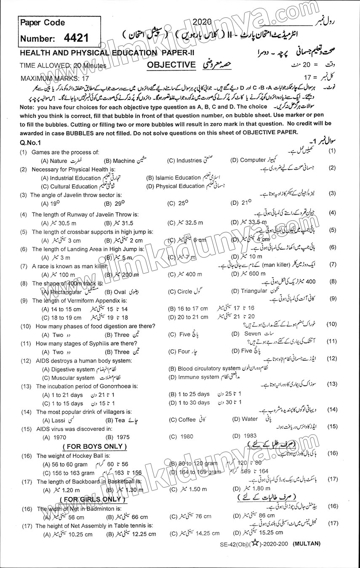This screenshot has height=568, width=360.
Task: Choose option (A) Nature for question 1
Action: [x=54, y=161]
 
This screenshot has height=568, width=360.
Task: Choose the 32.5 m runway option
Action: [x=185, y=223]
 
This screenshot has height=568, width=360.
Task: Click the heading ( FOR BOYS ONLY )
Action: [x=94, y=446]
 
